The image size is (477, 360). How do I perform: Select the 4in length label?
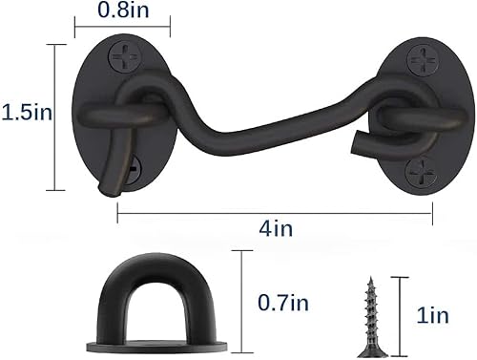point(276,230)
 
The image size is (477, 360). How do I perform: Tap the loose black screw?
point(373,310)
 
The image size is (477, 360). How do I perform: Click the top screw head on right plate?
point(421,57)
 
